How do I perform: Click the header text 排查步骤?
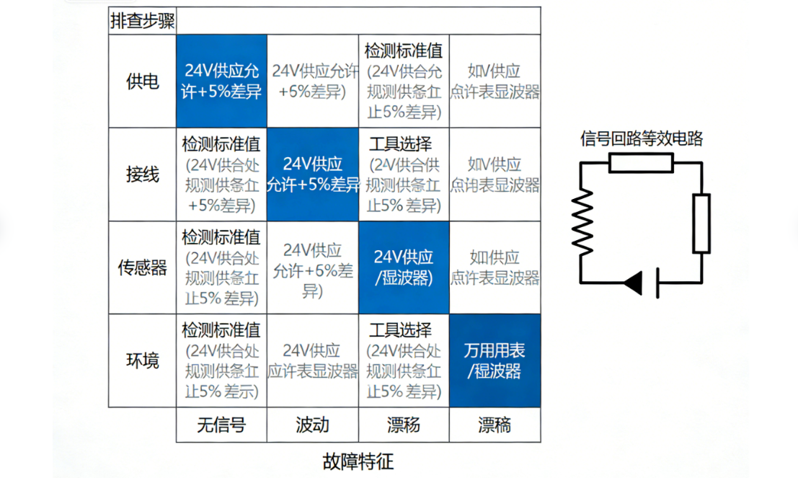(142, 21)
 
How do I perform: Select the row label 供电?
(142, 81)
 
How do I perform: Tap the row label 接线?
(142, 174)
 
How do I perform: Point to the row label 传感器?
(142, 267)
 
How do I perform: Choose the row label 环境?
(142, 360)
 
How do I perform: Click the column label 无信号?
(221, 425)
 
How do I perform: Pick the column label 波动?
(312, 425)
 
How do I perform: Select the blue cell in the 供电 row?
(221, 81)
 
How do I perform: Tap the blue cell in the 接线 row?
(312, 174)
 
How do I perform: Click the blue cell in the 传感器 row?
(404, 267)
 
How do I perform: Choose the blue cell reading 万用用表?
(495, 360)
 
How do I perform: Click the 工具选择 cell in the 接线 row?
(404, 174)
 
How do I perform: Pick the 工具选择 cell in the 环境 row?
(404, 360)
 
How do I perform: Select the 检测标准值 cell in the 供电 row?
(404, 81)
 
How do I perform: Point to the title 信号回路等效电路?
(641, 138)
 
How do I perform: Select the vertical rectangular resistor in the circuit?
(701, 223)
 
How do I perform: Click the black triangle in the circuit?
(634, 283)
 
